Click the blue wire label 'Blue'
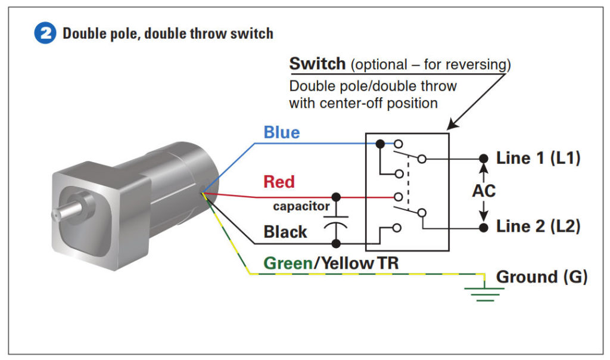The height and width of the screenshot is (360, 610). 282,132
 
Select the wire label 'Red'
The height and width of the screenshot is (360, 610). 279,181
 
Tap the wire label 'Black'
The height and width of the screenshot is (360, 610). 285,232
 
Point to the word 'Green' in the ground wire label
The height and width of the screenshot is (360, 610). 288,263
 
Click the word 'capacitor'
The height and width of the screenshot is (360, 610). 301,207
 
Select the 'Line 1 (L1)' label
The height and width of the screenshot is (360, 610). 538,159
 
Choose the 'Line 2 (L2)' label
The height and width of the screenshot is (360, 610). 538,226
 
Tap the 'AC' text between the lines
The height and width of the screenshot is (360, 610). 484,192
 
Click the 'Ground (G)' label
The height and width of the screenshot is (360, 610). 541,277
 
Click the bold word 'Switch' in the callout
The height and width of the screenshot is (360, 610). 317,64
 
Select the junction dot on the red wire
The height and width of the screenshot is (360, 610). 336,197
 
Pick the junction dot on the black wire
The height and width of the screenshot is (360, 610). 336,243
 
